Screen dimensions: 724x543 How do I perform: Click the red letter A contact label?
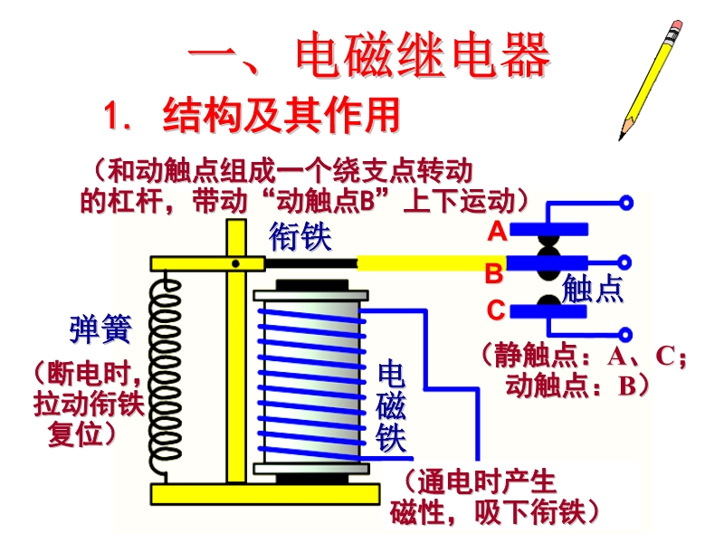click(497, 231)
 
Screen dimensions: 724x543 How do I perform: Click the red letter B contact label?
click(494, 273)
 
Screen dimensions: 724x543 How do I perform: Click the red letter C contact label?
click(496, 310)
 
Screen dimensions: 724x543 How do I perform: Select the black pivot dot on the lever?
click(235, 263)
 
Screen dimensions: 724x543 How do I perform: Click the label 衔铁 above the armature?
click(300, 236)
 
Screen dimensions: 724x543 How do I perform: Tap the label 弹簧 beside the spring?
click(100, 329)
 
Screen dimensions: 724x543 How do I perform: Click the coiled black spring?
click(166, 374)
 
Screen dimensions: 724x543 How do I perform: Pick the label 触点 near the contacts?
click(593, 289)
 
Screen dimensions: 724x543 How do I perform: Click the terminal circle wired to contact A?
click(626, 203)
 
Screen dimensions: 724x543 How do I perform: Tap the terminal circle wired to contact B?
click(624, 262)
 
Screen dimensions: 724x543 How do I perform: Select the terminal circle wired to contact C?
click(624, 334)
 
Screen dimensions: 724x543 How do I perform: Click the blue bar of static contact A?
click(548, 230)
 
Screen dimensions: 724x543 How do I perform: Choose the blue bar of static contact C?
click(548, 311)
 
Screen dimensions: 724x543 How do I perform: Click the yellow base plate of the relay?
click(265, 494)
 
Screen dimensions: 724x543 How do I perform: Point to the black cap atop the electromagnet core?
click(312, 285)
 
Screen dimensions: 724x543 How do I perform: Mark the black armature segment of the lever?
click(310, 263)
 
